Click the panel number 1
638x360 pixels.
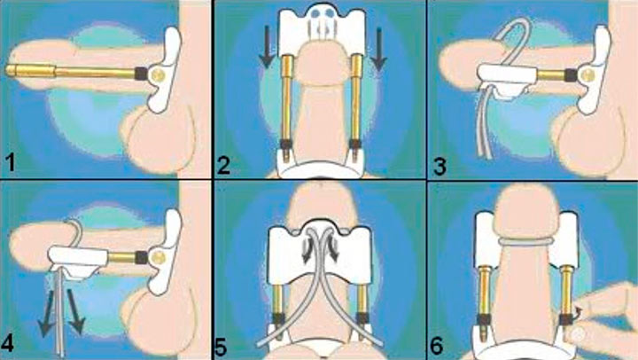(11, 162)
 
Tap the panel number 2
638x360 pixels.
(223, 165)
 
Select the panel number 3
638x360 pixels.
(439, 167)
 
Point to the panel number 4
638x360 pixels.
(8, 344)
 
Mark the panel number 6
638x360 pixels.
(437, 346)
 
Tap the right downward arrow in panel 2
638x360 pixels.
(378, 48)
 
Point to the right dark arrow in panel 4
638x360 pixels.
(74, 311)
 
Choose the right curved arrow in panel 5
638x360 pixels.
(333, 250)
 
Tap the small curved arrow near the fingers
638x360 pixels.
(578, 313)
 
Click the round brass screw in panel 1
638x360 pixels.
(157, 74)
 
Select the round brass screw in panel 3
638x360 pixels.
(588, 74)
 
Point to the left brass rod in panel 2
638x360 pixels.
(287, 98)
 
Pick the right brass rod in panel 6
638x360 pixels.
(566, 290)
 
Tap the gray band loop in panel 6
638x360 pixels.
(525, 241)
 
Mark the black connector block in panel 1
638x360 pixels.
(141, 74)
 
